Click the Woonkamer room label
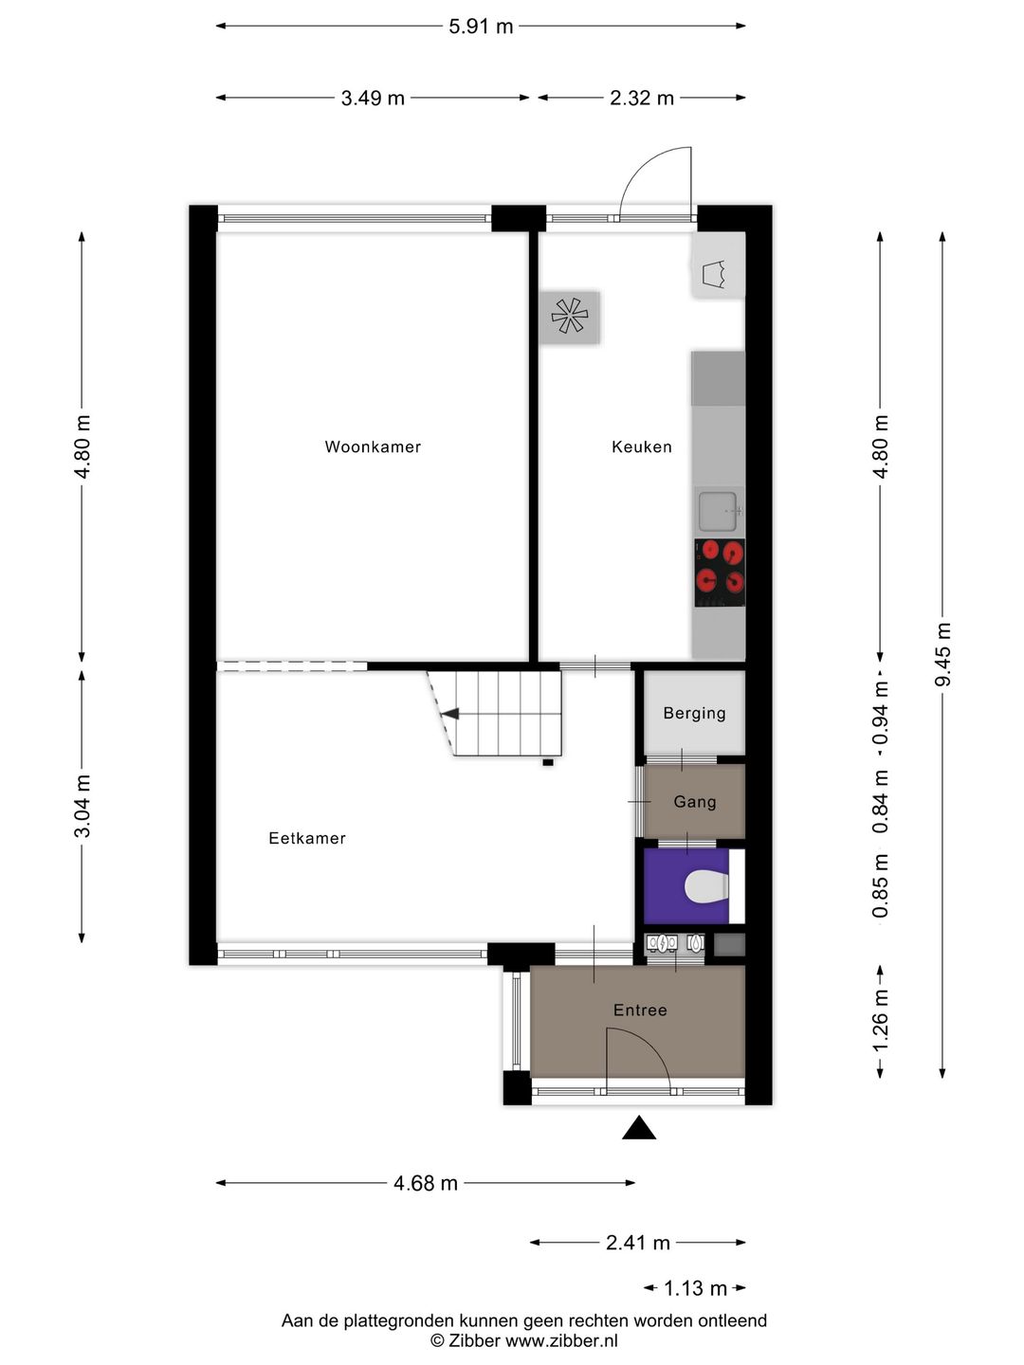pos(373,446)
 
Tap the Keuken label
pos(642,446)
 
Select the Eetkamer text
pos(307,838)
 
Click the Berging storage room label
pos(694,713)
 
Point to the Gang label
pos(695,802)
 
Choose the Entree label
pos(640,1010)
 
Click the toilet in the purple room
pos(706,886)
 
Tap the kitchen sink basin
pos(718,511)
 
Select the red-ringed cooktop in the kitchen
pos(720,573)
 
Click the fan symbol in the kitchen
pos(569,316)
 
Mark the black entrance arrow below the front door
pos(639,1127)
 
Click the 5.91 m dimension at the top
pos(481,27)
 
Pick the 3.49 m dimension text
pos(373,98)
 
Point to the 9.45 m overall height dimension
pos(942,655)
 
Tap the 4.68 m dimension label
pos(426,1183)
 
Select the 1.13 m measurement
pos(695,1288)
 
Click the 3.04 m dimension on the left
pos(82,806)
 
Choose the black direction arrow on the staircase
pos(449,714)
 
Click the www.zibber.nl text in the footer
pos(561,1340)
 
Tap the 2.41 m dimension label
pos(638,1243)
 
